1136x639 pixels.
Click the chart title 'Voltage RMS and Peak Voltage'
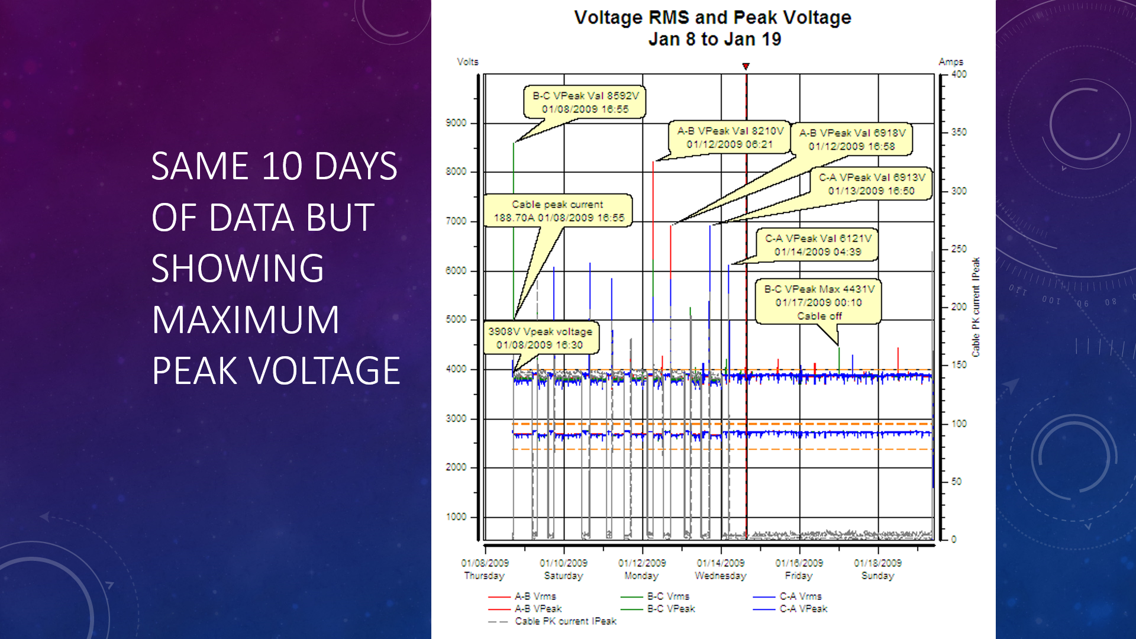[712, 17]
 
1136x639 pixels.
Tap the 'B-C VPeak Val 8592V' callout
[585, 102]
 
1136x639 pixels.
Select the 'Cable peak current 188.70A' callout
[559, 211]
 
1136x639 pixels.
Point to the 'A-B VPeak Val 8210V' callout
[730, 137]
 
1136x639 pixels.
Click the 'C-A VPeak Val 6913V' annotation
[872, 183]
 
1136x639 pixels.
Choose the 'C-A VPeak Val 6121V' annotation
[818, 245]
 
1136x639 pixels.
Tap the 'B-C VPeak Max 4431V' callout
[819, 302]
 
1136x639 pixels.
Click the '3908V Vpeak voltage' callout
[540, 338]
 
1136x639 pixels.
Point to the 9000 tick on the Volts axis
[456, 122]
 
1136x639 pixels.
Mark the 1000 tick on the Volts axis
[456, 517]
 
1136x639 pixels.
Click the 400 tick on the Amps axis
[959, 74]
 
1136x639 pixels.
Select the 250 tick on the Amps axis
[959, 248]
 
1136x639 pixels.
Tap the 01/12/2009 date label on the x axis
[642, 563]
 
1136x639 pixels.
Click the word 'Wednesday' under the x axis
[721, 576]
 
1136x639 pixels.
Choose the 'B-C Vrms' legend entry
[655, 596]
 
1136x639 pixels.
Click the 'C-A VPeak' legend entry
[790, 609]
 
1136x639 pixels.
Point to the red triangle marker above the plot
[746, 66]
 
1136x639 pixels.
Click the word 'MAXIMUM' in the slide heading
[246, 319]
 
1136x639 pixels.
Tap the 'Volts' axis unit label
[467, 62]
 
